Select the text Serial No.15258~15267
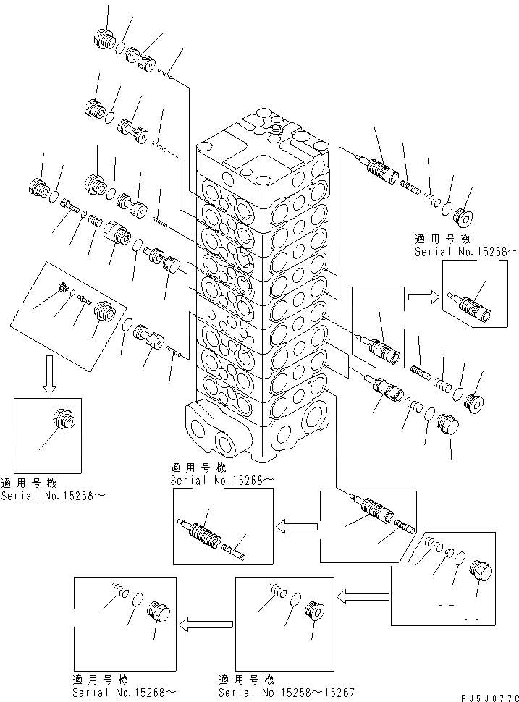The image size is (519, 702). [286, 692]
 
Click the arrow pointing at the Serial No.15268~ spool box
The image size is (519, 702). [296, 523]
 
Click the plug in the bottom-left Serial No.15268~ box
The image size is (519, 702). [159, 612]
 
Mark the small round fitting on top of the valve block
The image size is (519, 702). [274, 130]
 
